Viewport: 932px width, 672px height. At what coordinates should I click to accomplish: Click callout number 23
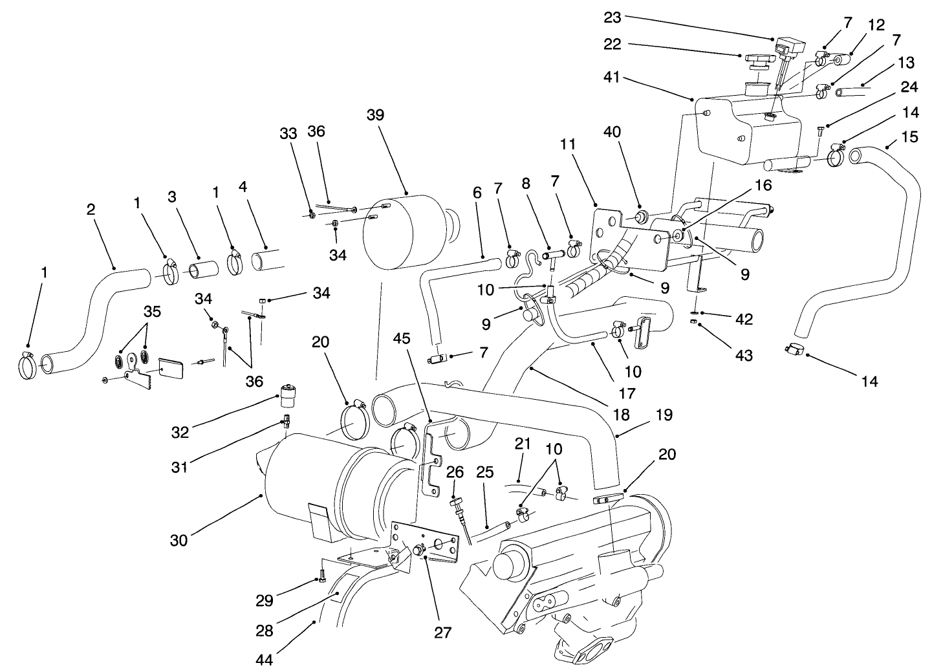[x=612, y=17]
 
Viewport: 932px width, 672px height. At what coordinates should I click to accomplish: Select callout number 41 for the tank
[x=612, y=77]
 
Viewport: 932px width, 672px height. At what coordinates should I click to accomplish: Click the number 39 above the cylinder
[x=375, y=115]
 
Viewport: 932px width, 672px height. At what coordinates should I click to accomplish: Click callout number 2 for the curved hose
[x=91, y=209]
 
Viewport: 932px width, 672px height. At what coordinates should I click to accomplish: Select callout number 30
[x=179, y=539]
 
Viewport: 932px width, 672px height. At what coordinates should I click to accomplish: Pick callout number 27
[x=443, y=632]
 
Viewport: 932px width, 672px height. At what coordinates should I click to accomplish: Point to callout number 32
[x=180, y=432]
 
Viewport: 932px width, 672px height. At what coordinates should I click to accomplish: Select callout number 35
[x=151, y=311]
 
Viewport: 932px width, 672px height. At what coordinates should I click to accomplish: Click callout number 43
[x=744, y=355]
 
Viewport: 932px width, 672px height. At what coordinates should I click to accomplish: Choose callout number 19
[x=664, y=415]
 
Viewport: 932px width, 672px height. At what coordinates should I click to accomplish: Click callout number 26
[x=455, y=473]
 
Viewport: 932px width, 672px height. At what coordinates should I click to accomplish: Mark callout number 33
[x=288, y=133]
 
